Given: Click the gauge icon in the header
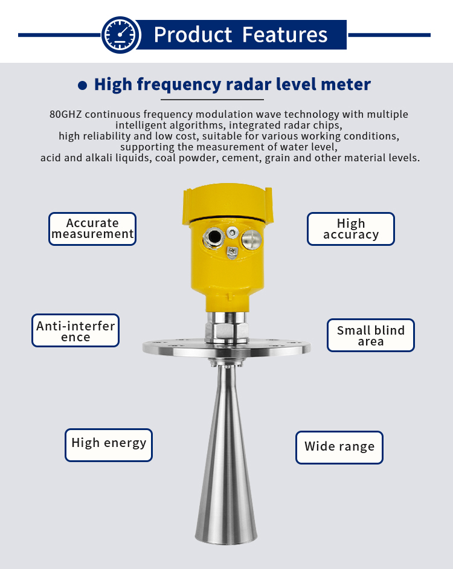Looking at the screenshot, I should pyautogui.click(x=121, y=34).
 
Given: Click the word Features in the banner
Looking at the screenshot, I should pyautogui.click(x=284, y=34).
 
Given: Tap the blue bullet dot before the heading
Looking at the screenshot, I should pyautogui.click(x=83, y=85).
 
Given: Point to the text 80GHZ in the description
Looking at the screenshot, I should pyautogui.click(x=64, y=114).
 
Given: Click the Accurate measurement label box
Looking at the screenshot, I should pyautogui.click(x=92, y=228).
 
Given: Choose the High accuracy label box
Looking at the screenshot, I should pyautogui.click(x=351, y=229).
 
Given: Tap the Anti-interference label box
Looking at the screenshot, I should pyautogui.click(x=75, y=331).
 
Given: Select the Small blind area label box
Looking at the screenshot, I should pyautogui.click(x=371, y=335).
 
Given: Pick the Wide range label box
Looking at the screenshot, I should pyautogui.click(x=339, y=447).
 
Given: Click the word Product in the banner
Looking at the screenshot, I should pyautogui.click(x=193, y=34).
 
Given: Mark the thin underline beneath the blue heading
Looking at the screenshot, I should pyautogui.click(x=212, y=99).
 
